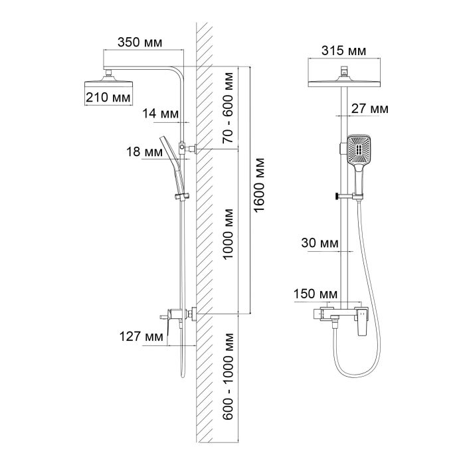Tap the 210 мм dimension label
107,98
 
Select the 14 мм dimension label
160,114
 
